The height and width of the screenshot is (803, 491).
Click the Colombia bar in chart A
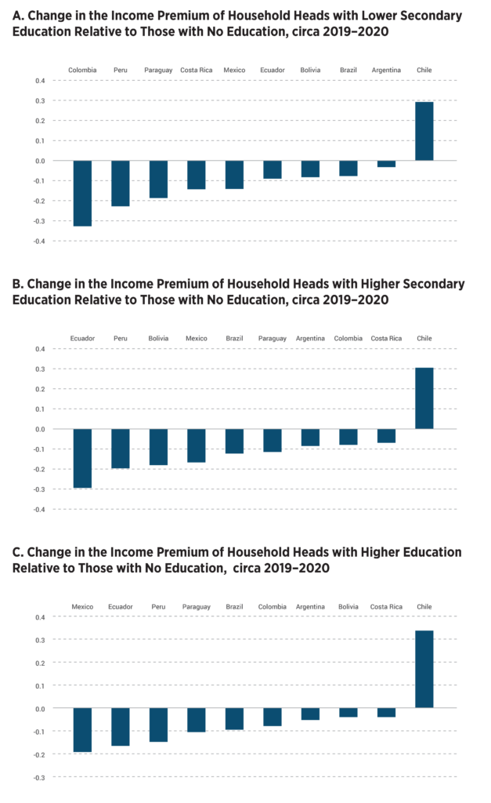pyautogui.click(x=82, y=193)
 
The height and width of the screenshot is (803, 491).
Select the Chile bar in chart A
pyautogui.click(x=424, y=131)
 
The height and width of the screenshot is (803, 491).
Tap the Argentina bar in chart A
pyautogui.click(x=386, y=164)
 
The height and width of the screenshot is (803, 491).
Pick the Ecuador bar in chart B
pyautogui.click(x=82, y=459)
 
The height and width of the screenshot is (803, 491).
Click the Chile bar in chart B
pyautogui.click(x=424, y=398)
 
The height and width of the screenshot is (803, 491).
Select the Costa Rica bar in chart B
pyautogui.click(x=386, y=436)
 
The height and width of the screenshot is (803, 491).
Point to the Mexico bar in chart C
pyautogui.click(x=82, y=730)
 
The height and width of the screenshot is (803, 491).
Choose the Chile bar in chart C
pyautogui.click(x=424, y=669)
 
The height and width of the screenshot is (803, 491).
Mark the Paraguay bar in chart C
pyautogui.click(x=196, y=720)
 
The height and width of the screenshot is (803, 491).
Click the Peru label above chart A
pyautogui.click(x=121, y=70)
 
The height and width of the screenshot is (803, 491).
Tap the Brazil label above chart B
pyautogui.click(x=234, y=339)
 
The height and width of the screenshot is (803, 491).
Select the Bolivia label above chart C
pyautogui.click(x=348, y=607)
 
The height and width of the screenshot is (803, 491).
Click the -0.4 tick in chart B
pyautogui.click(x=38, y=510)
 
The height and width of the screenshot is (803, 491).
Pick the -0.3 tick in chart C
pyautogui.click(x=38, y=777)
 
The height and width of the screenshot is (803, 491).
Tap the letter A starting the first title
pyautogui.click(x=18, y=16)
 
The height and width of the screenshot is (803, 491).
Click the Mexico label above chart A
pyautogui.click(x=234, y=70)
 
